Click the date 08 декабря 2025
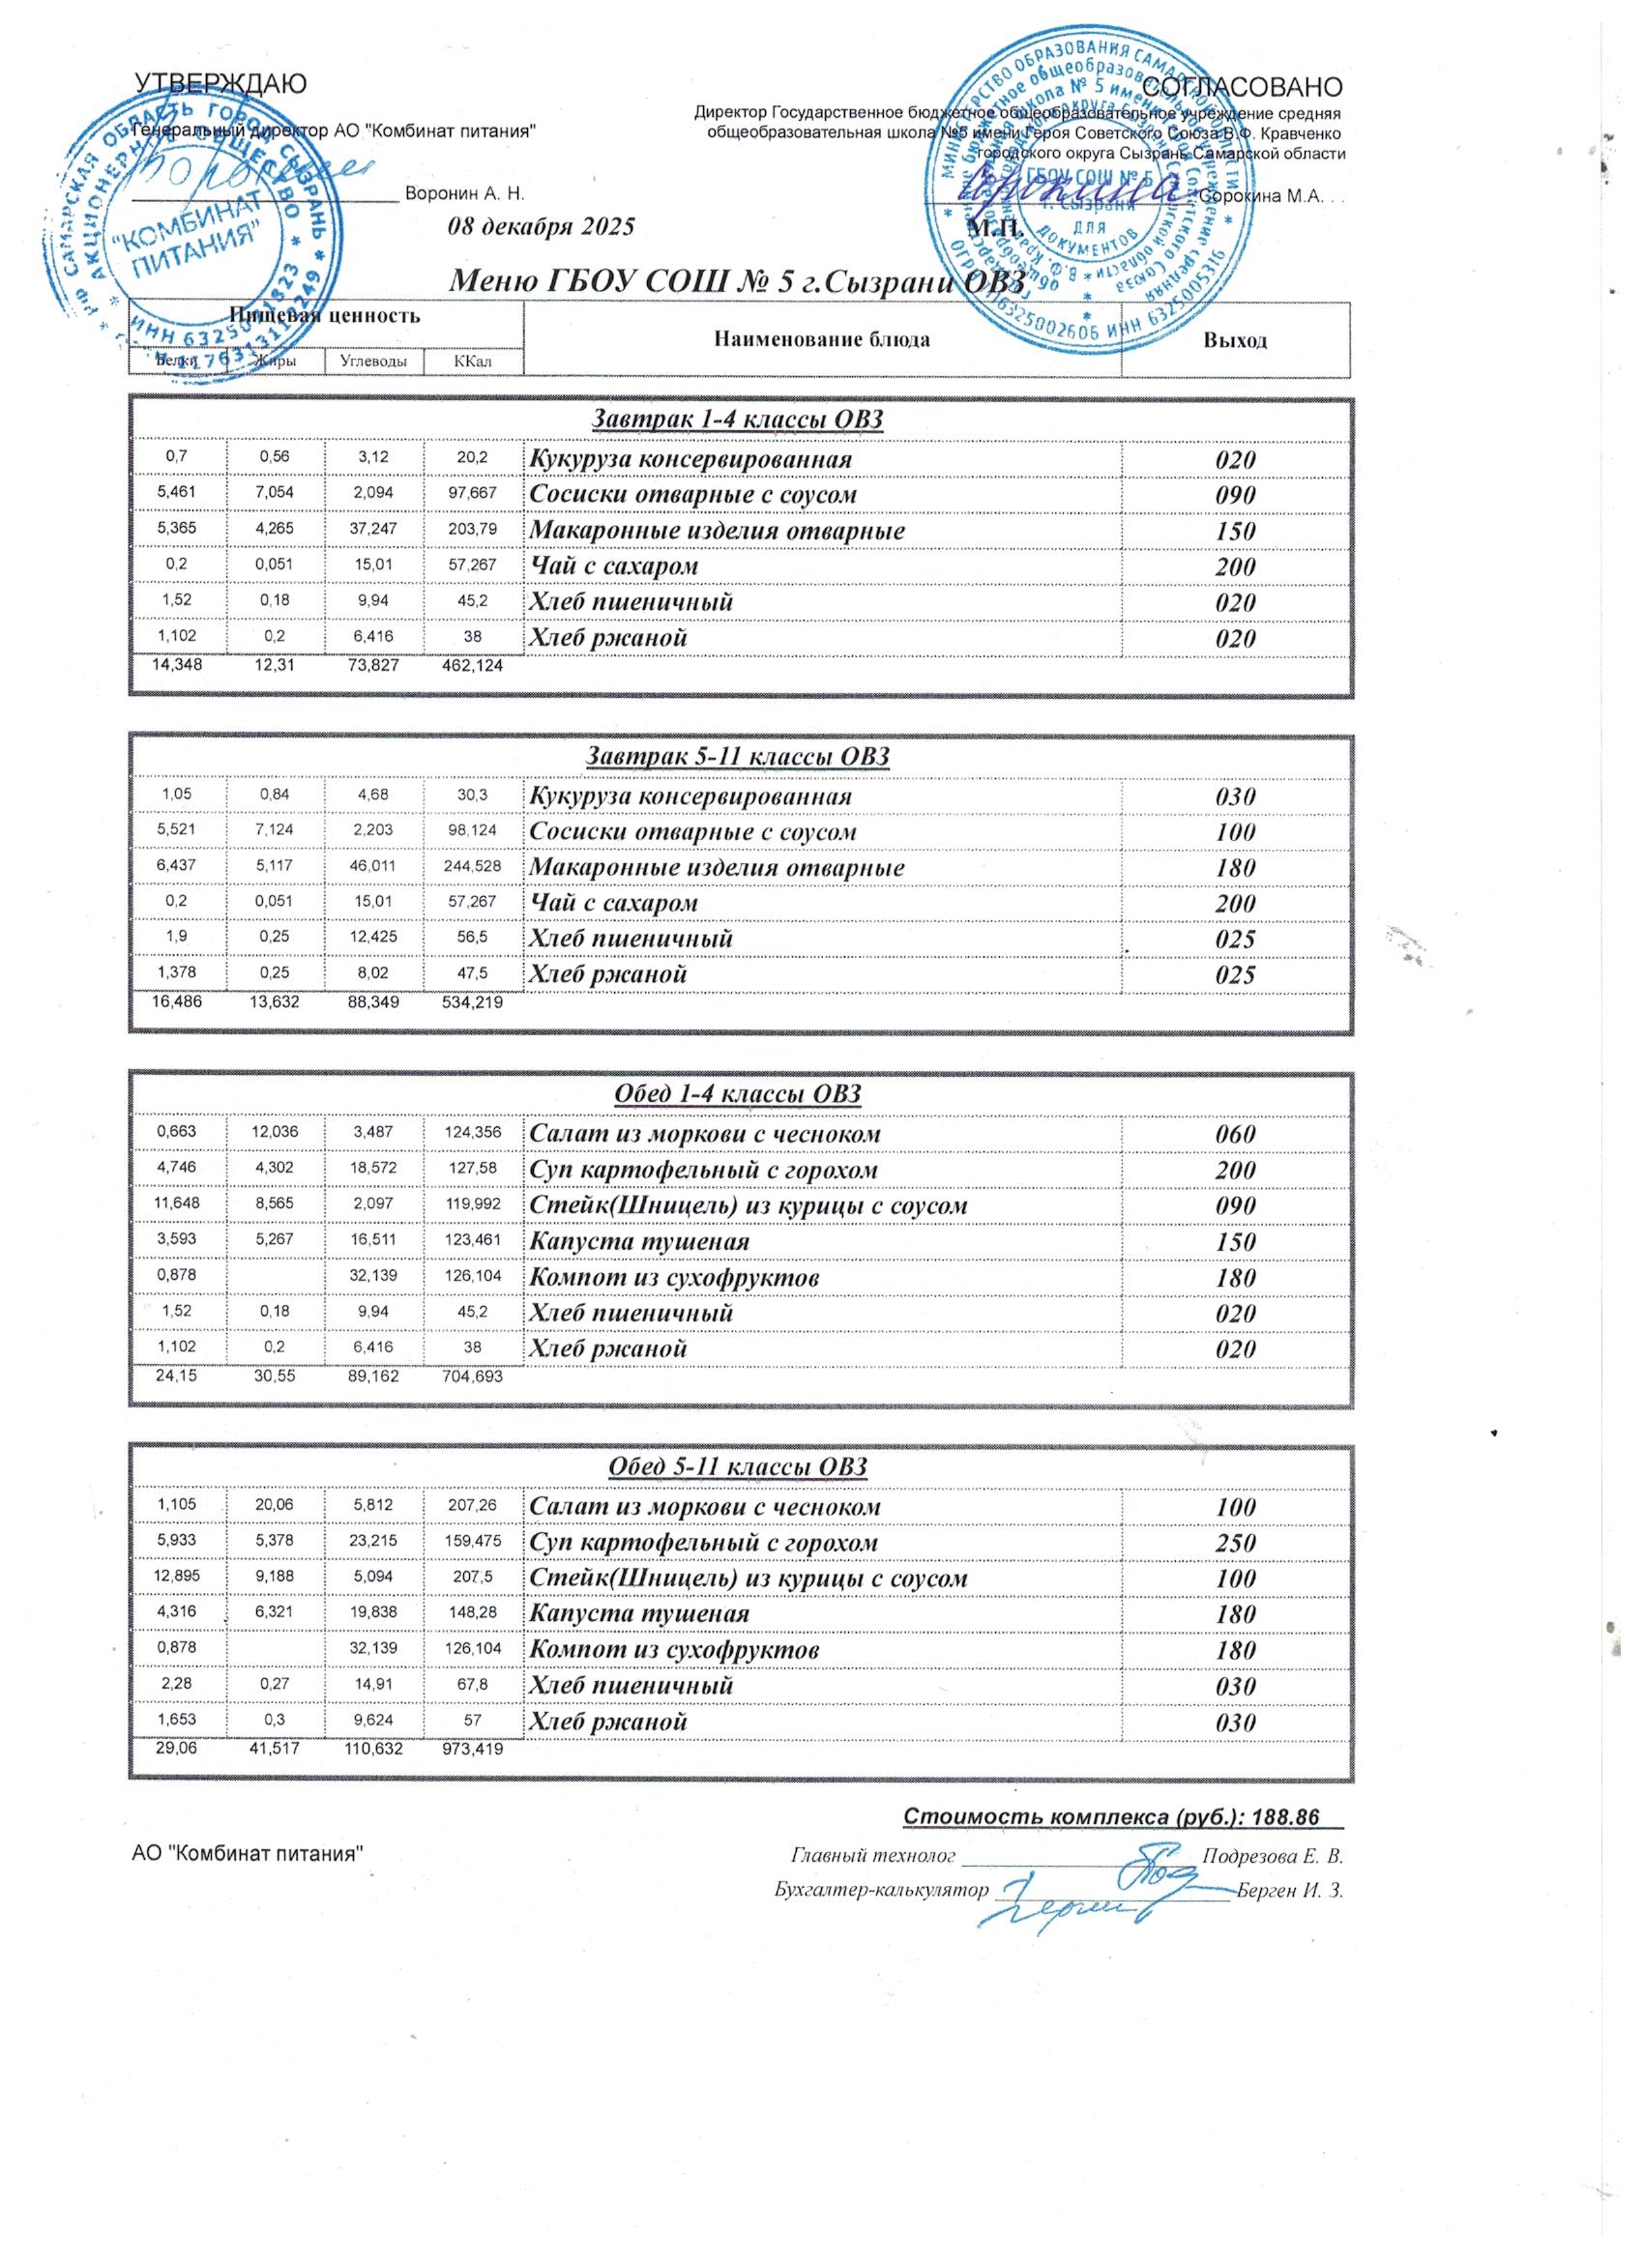point(542,226)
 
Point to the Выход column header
point(1234,341)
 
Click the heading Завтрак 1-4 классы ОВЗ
point(738,420)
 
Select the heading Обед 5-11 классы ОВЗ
point(738,1465)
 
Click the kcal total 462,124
point(473,665)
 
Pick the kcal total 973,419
point(473,1748)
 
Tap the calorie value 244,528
point(474,867)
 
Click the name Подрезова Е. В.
point(1273,1856)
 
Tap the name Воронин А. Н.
point(464,193)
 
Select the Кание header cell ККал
point(473,361)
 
